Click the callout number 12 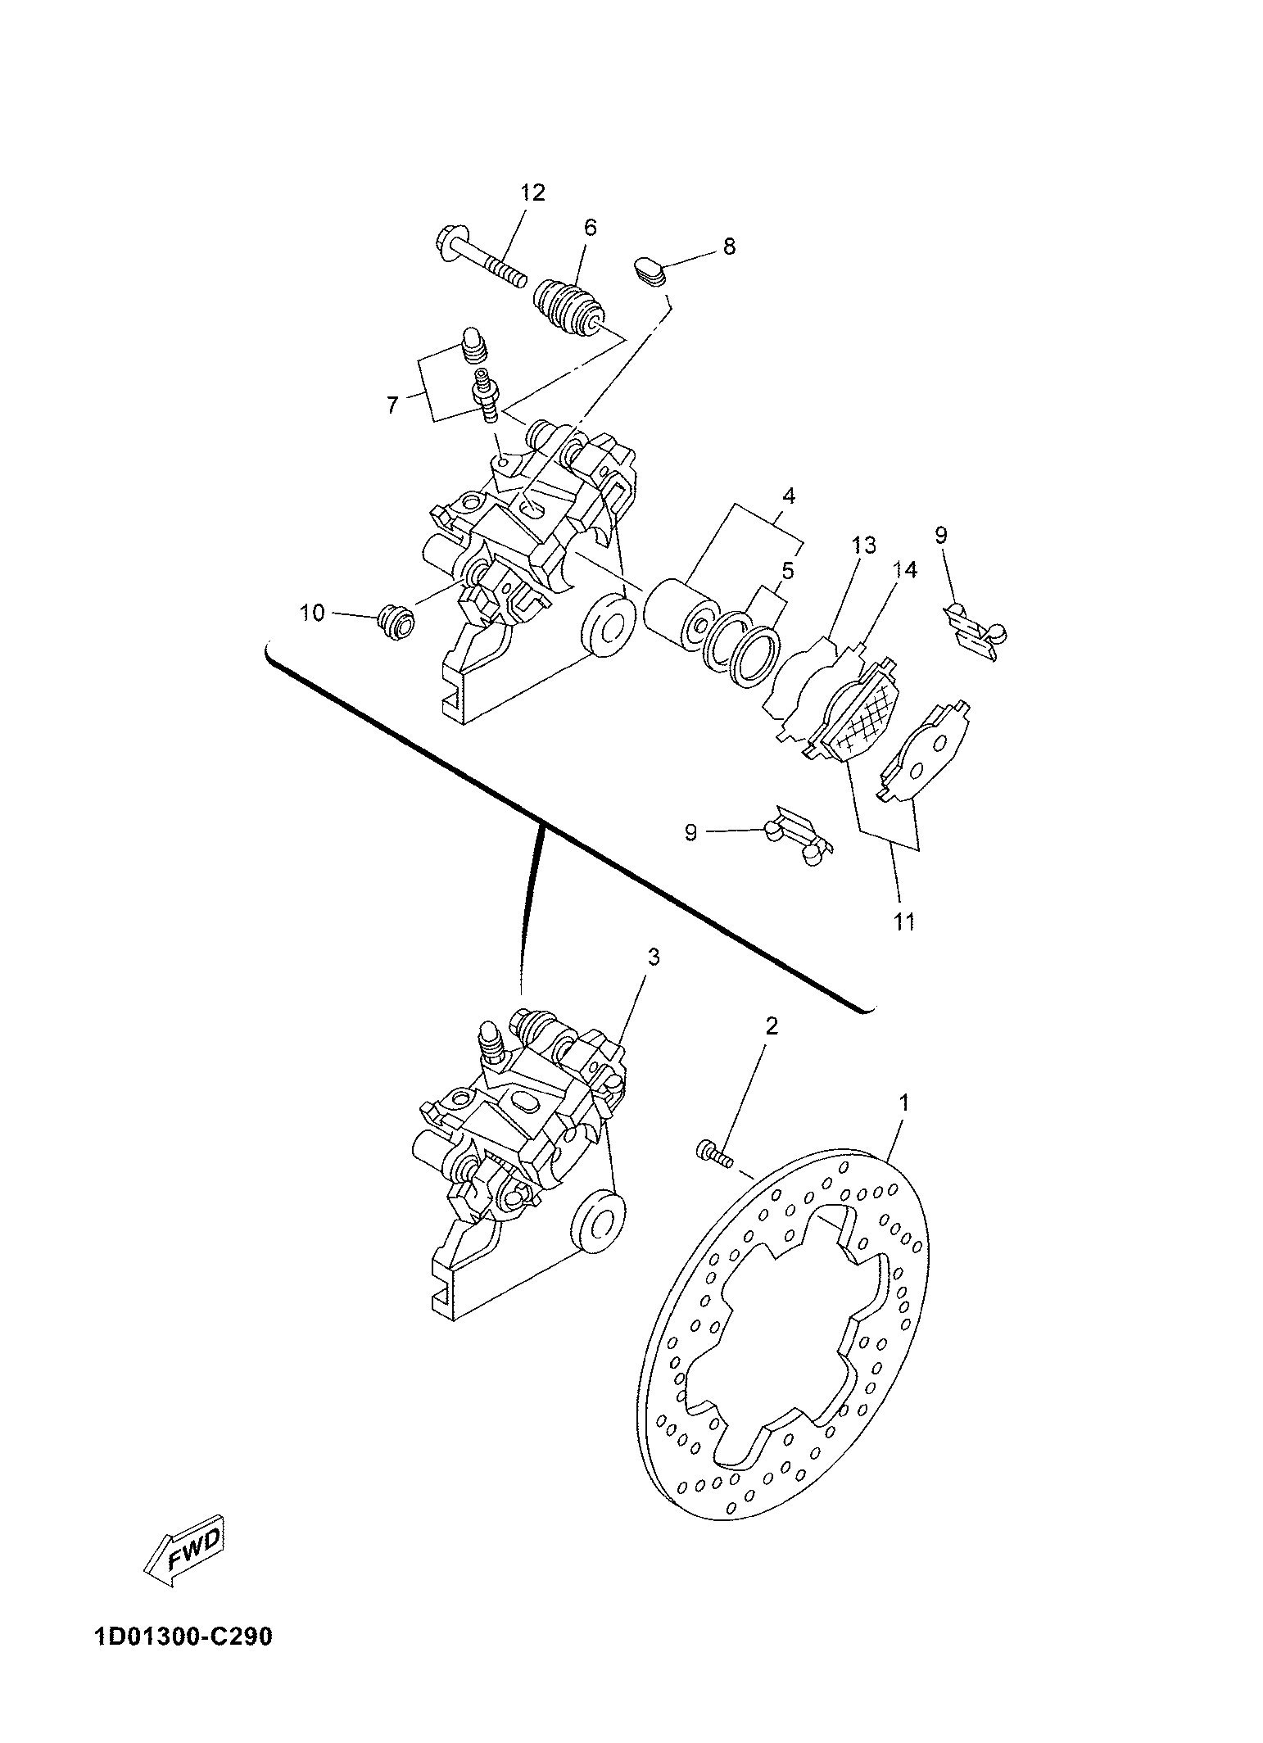point(532,193)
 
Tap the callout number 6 point(590,228)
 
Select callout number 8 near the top point(728,246)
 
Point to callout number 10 point(311,613)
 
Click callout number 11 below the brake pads point(903,921)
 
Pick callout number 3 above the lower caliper point(653,957)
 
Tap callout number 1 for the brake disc point(903,1103)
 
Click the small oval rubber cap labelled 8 point(652,270)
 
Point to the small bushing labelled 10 point(395,624)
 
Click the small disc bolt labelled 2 point(715,1152)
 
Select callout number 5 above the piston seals point(787,569)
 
